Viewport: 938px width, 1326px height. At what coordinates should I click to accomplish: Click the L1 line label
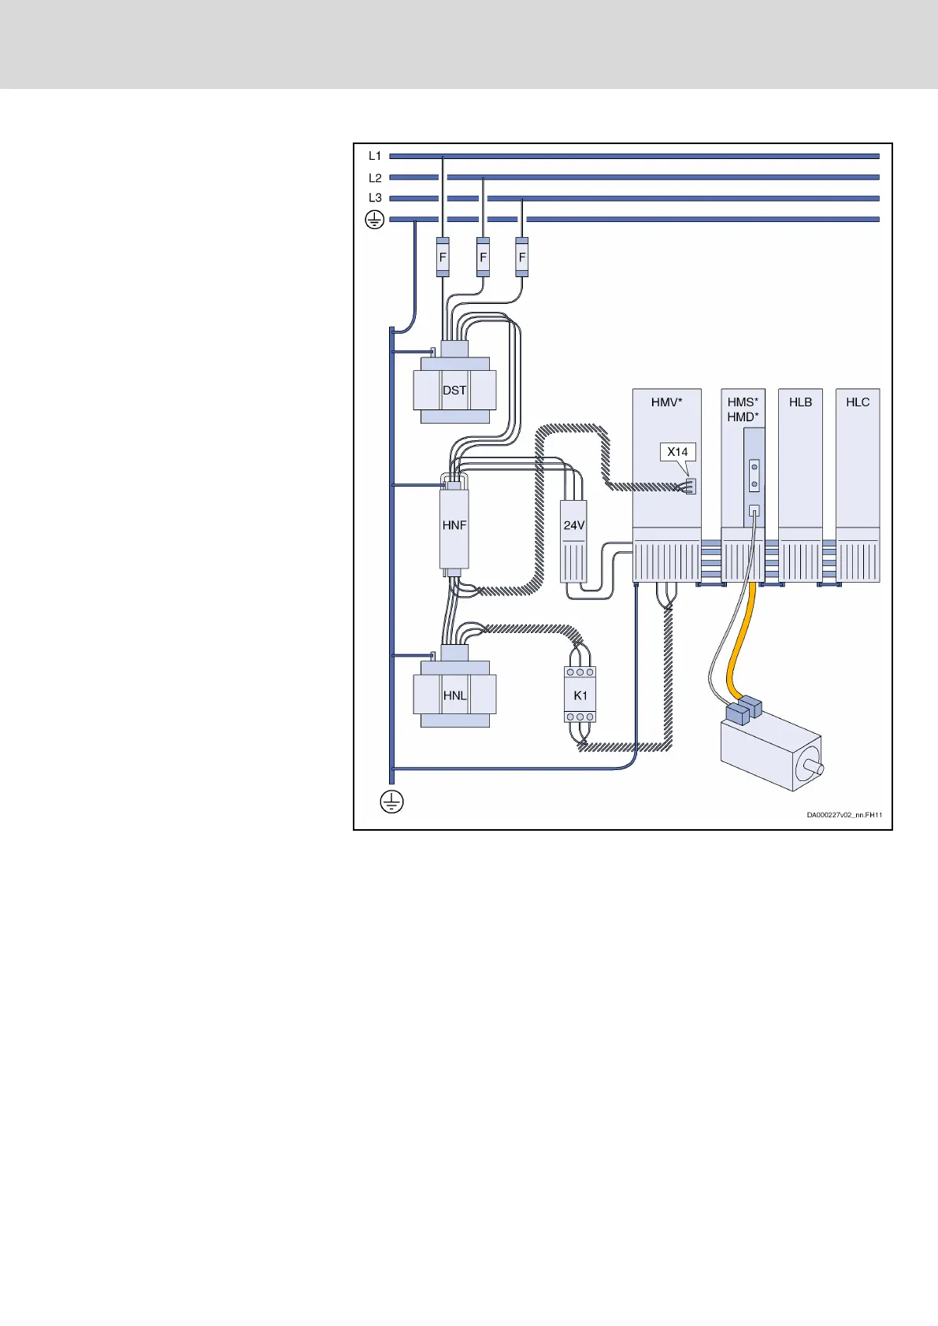tap(375, 157)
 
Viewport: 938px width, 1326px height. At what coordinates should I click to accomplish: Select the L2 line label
tap(375, 178)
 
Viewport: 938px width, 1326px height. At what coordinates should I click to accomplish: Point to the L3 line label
tap(375, 198)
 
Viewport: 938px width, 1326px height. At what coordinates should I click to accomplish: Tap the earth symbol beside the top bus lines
tap(375, 220)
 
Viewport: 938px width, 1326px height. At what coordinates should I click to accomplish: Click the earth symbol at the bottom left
tap(391, 802)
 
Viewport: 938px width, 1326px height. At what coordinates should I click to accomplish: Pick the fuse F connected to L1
tap(443, 257)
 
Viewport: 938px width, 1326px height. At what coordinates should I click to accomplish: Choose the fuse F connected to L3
tap(521, 257)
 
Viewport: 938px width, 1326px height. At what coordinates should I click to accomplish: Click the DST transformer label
tap(454, 391)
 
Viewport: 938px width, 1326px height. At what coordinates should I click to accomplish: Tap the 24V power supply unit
tap(573, 541)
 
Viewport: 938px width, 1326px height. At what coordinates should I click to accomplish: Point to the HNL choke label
tap(454, 696)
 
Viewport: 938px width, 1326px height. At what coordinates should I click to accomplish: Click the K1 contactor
tap(580, 694)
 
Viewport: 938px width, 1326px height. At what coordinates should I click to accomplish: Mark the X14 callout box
tap(677, 452)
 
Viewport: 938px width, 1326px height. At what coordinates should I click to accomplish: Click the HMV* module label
tap(666, 402)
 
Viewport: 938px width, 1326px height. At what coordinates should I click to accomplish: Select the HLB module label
tap(800, 402)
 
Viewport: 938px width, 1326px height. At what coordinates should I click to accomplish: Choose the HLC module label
tap(858, 402)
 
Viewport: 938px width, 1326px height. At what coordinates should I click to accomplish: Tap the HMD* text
tap(743, 417)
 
